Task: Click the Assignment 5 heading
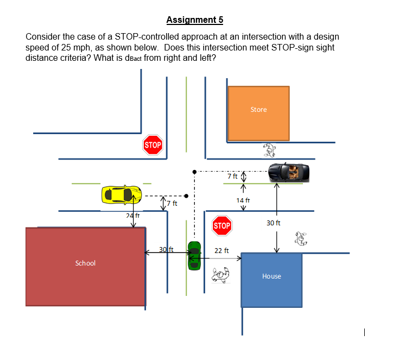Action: coord(194,20)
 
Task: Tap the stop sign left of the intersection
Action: coord(153,145)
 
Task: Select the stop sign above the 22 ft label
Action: coord(221,225)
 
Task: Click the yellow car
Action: coord(122,194)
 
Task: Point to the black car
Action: coord(290,172)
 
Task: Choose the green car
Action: coord(194,255)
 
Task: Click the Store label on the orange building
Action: coord(258,110)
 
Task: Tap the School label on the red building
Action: coord(85,263)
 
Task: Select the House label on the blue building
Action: coord(271,276)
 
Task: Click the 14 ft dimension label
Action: coord(243,200)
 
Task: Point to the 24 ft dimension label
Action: coord(133,216)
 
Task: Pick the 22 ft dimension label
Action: coord(221,251)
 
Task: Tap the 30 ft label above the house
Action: coord(274,223)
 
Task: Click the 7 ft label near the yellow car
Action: coord(172,203)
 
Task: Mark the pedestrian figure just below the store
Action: coord(269,149)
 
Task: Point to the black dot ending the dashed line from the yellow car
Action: coord(186,195)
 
